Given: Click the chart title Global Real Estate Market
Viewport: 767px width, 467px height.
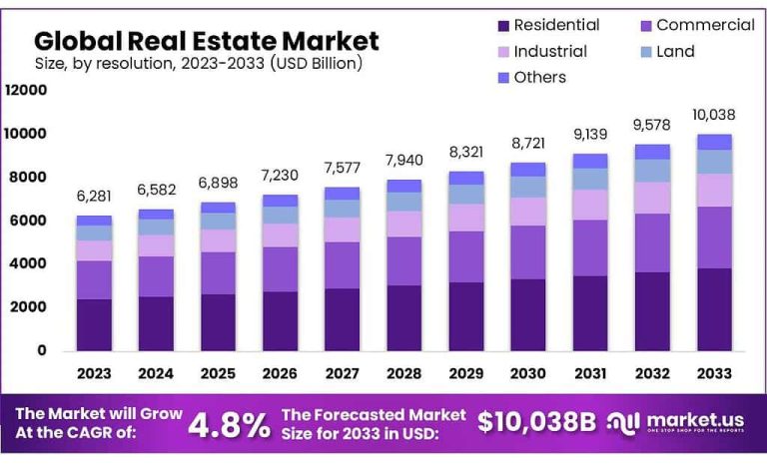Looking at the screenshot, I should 206,41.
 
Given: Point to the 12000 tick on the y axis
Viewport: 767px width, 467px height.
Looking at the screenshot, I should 26,90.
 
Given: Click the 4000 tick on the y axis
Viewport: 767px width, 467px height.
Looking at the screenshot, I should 30,263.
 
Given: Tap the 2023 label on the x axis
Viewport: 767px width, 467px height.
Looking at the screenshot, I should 94,373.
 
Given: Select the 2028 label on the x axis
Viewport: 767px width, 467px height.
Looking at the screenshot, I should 402,373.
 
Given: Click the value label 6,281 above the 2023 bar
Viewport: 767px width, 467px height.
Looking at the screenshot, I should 94,196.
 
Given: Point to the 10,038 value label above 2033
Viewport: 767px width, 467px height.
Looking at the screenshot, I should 713,113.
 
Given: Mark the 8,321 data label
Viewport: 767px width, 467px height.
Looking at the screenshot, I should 465,152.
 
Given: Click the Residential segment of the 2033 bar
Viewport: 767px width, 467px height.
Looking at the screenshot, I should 713,309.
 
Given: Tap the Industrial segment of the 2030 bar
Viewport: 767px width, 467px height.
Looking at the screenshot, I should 527,212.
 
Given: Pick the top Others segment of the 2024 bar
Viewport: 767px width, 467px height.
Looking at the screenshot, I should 156,214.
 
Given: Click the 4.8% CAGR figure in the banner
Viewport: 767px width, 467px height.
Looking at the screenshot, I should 229,424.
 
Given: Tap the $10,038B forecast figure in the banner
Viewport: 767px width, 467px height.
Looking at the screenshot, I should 535,422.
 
